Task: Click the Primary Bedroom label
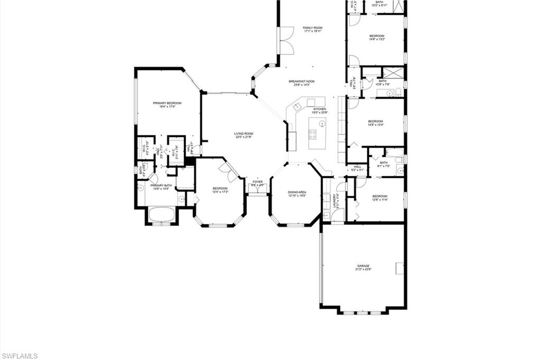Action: coord(167,103)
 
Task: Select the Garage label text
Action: coord(363,266)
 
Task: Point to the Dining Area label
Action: coord(297,192)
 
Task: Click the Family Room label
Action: coord(312,27)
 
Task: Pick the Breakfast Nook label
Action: coord(302,81)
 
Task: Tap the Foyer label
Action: coord(257,182)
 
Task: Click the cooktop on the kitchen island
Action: coord(313,134)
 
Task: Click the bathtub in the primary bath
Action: coord(161,215)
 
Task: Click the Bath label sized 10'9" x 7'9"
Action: coord(383,81)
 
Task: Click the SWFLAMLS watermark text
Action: coord(20,356)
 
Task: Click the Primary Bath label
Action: coord(161,185)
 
